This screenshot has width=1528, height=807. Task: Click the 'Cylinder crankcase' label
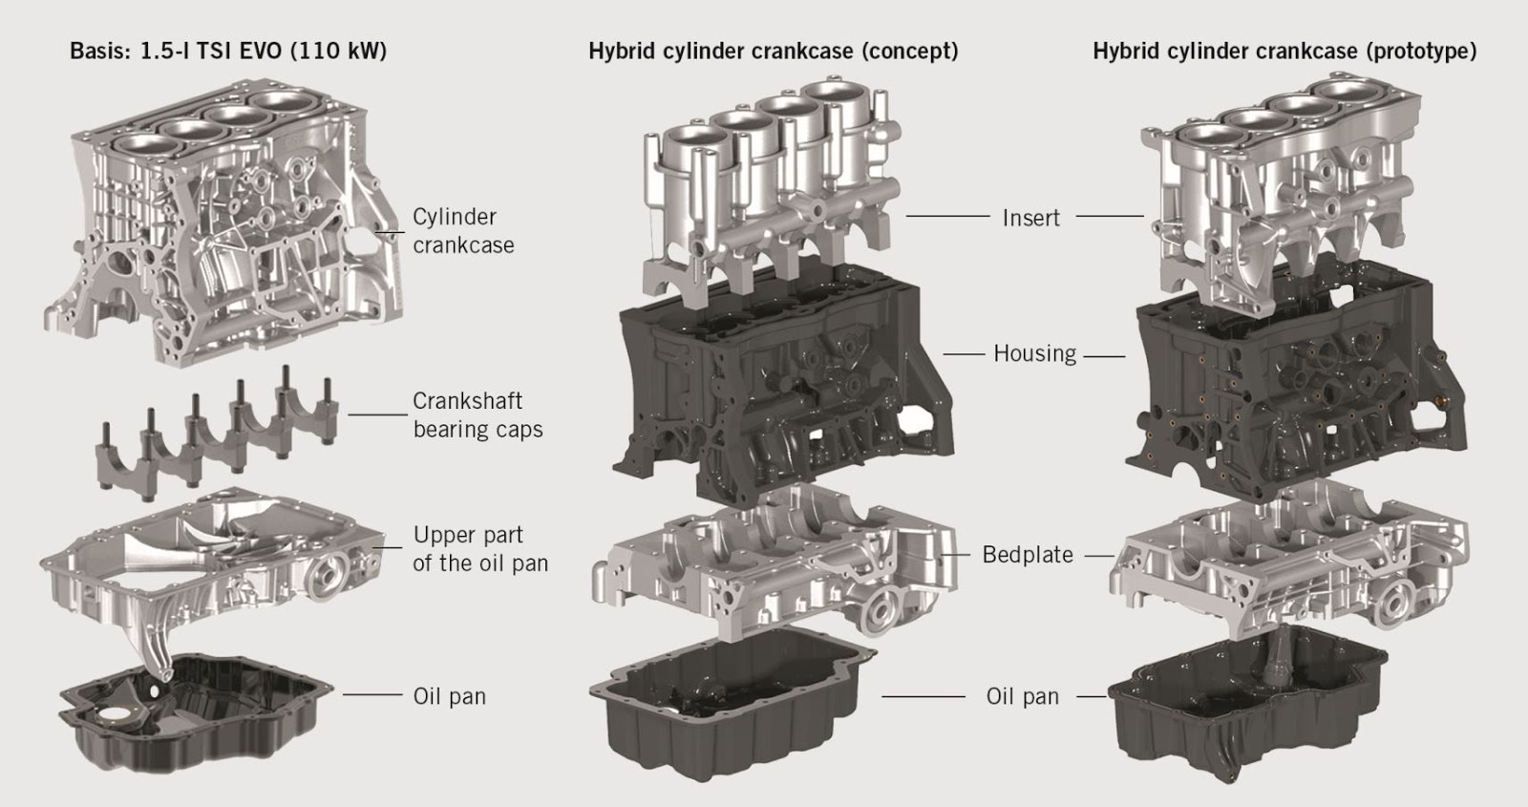[463, 231]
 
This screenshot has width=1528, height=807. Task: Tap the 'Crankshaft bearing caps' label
[477, 415]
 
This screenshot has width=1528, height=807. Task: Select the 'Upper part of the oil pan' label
[480, 549]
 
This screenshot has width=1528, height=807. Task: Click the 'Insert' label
[1030, 218]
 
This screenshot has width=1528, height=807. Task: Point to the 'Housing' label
[1034, 353]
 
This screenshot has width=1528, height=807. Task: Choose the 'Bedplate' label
[1028, 555]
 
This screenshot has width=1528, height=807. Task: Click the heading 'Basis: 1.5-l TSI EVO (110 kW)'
[228, 51]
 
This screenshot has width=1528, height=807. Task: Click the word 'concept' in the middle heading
[909, 51]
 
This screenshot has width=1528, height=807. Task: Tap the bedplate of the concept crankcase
[774, 563]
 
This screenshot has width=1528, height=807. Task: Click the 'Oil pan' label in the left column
[449, 696]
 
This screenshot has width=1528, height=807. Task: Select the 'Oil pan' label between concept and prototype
[1023, 697]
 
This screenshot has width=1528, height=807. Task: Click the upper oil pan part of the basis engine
[210, 563]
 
